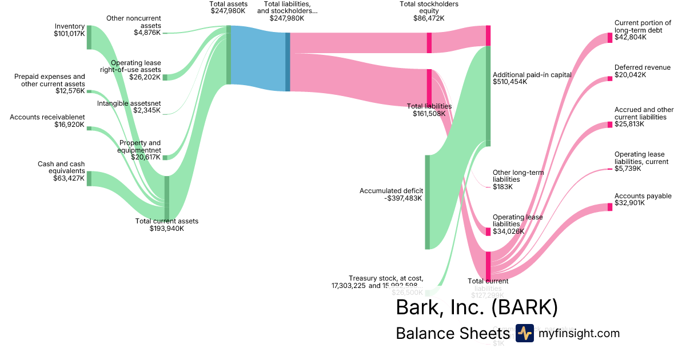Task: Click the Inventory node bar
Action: point(89,37)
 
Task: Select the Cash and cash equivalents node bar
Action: point(89,178)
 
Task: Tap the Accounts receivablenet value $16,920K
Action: point(69,125)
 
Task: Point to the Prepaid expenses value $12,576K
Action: point(70,91)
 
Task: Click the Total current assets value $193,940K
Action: point(167,229)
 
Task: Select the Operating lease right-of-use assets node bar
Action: point(165,77)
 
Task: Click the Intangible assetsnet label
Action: point(129,103)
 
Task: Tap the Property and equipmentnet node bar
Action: point(165,157)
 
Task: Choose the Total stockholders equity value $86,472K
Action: point(429,18)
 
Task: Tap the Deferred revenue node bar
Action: point(609,78)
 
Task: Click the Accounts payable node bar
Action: point(609,207)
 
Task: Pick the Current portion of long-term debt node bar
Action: point(609,38)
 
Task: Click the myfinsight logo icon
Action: point(524,333)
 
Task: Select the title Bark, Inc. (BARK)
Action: point(476,307)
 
